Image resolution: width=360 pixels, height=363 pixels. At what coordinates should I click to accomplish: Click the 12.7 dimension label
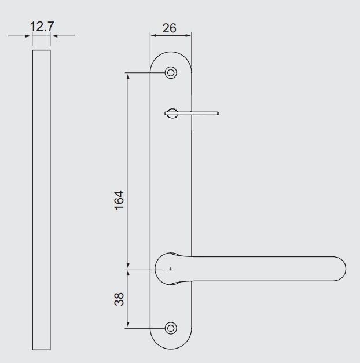(x=42, y=27)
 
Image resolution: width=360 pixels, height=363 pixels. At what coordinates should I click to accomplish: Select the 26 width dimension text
(x=170, y=27)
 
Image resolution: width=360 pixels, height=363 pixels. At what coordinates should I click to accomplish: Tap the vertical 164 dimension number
(x=119, y=200)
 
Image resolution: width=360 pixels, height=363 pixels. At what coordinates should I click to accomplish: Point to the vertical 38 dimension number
(x=119, y=299)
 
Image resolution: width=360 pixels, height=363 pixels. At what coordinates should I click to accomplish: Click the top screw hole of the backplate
(x=171, y=73)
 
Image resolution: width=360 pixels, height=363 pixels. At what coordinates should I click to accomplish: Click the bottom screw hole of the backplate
(x=170, y=328)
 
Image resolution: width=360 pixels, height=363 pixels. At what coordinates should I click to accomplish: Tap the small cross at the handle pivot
(x=171, y=269)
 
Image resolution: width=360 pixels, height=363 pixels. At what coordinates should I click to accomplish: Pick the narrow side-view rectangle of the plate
(x=41, y=200)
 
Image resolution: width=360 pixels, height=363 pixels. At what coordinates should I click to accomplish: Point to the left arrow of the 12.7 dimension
(x=29, y=36)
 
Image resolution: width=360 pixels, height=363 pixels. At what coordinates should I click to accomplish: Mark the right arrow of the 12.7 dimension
(x=54, y=36)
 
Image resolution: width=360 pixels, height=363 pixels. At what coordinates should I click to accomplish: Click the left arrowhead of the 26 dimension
(x=153, y=36)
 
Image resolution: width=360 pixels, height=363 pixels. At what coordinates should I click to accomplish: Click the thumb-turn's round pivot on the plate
(x=171, y=114)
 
